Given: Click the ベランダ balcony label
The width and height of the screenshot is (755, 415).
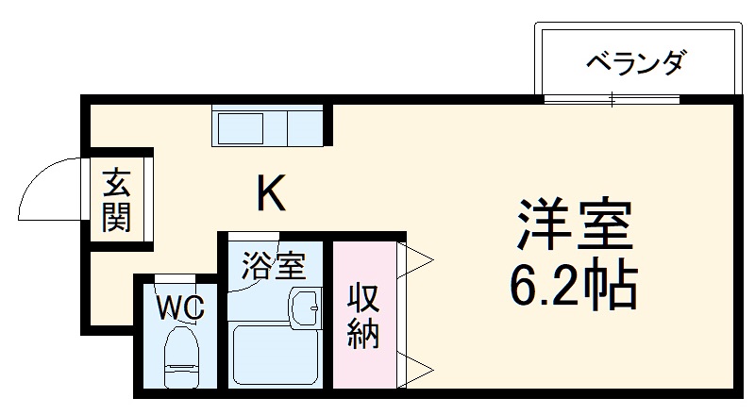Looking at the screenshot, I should [634, 64].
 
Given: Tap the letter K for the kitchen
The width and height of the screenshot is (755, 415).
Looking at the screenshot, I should [272, 194].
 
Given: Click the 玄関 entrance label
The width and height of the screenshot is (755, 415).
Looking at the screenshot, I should [117, 200].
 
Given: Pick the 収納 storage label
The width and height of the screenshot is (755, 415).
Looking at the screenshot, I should [363, 316].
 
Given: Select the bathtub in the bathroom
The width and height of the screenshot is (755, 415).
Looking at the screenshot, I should [274, 357].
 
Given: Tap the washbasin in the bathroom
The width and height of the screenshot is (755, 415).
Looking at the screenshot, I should [304, 306].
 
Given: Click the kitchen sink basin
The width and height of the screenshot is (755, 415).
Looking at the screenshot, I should [244, 126].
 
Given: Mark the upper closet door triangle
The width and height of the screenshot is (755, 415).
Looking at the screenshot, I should [416, 259].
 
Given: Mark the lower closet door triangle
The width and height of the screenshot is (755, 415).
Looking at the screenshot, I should [416, 368].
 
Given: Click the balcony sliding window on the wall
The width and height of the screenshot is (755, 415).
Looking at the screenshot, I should [612, 99].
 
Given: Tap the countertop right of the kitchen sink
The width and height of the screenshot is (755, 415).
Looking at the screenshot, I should [303, 126].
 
